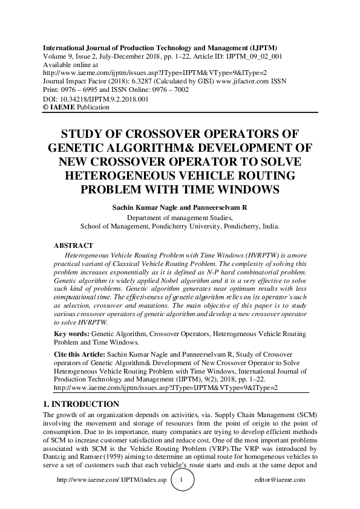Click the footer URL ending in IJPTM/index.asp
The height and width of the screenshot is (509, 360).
111,480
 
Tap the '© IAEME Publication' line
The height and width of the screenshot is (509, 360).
76,107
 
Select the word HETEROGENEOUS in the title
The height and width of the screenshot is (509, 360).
114,175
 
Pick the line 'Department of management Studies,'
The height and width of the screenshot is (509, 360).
180,218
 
